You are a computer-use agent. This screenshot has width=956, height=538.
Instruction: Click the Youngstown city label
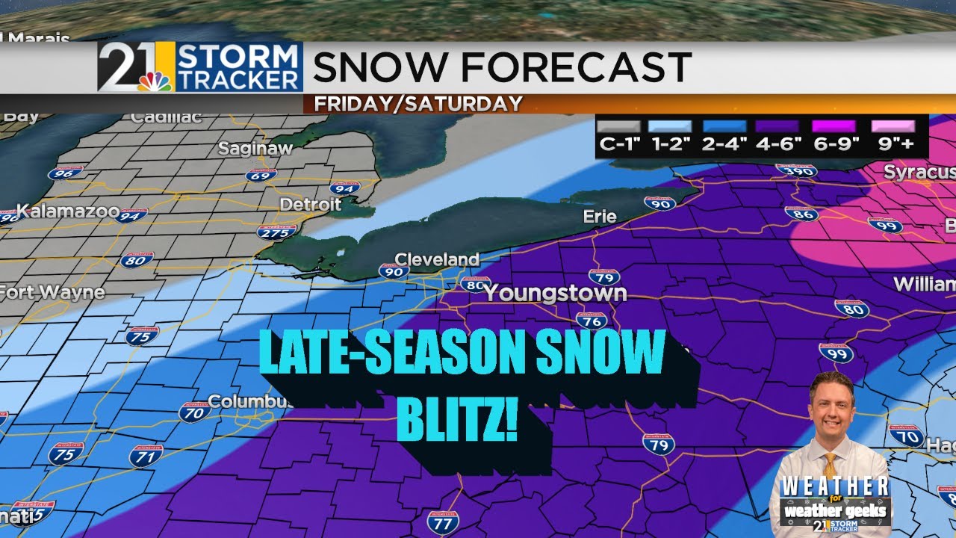pos(555,293)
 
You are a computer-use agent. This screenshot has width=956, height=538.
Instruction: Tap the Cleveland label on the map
pos(437,259)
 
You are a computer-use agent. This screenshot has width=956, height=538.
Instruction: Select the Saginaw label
pos(255,149)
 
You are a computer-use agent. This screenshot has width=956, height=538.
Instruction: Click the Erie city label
pos(600,217)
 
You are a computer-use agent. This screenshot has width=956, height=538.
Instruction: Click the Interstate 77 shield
pos(443,521)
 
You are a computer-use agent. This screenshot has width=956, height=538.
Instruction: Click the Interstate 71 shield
pos(146,455)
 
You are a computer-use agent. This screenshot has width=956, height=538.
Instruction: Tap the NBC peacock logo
pos(155,81)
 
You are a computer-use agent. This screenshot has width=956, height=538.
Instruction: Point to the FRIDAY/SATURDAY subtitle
pos(418,104)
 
